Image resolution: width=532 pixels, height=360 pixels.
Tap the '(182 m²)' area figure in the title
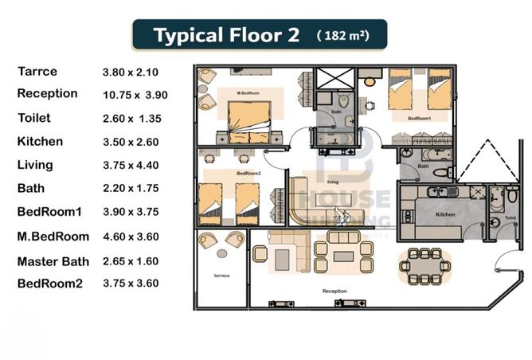pos(342,36)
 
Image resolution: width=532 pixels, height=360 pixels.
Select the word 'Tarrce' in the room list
pos(37,72)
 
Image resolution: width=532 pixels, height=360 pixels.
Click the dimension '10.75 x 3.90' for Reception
pos(135,95)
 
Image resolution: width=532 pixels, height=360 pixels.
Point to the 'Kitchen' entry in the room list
pos(41,142)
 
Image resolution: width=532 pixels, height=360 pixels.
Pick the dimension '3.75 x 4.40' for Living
pos(131,166)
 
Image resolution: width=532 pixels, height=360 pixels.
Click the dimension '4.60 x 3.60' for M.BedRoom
pos(131,237)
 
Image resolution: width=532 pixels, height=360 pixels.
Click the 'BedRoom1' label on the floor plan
pos(419,118)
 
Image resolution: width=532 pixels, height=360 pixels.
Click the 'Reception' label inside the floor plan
pos(334,292)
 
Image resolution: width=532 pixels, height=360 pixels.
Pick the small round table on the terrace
pos(222,253)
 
